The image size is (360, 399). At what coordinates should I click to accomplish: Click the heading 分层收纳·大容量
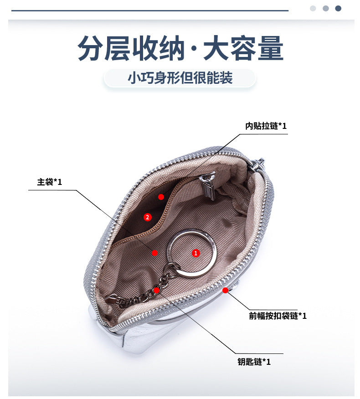coord(180,48)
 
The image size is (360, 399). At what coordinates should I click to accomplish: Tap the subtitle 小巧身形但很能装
coord(180,77)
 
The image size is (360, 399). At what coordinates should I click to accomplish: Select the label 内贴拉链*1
coord(266,126)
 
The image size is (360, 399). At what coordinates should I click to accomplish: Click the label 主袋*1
coord(50,182)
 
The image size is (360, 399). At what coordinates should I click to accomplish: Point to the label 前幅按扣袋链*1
coord(278,316)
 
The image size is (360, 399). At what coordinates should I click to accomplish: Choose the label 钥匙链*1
coord(254,362)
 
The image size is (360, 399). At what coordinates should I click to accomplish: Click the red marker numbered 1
coord(196,253)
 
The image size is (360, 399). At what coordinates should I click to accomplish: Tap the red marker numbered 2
coord(148,217)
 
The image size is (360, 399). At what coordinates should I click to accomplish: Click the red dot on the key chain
coord(157,290)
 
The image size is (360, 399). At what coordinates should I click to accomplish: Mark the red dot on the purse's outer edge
coord(225,290)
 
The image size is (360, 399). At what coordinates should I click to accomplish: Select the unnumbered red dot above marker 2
coord(161,197)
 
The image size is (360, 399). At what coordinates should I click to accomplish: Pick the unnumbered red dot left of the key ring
coord(155,253)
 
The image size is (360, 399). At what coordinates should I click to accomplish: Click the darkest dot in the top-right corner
coord(338,8)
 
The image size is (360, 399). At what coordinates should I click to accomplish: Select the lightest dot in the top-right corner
coord(313,8)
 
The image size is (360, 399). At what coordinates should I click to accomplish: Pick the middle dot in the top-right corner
coord(326,8)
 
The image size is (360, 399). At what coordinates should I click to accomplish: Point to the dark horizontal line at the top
coord(150,10)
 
